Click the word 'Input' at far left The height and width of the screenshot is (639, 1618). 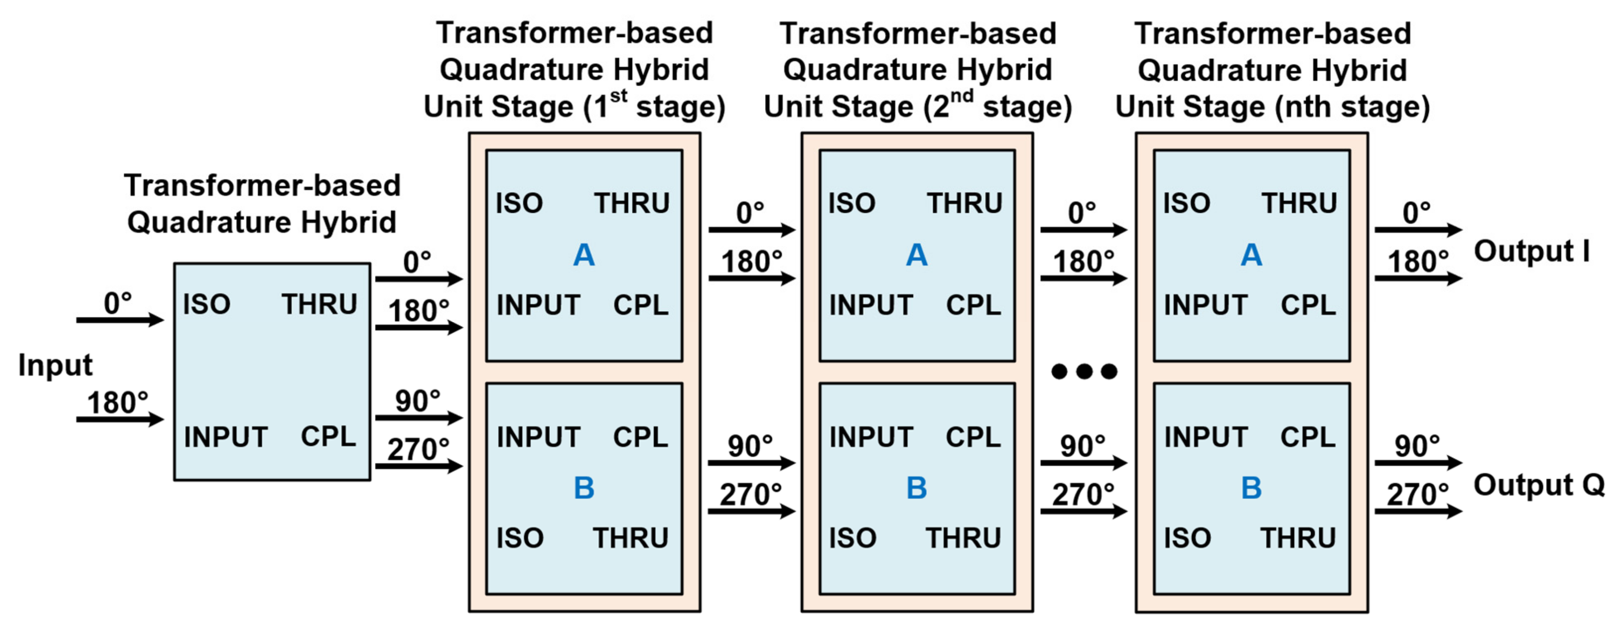point(55,365)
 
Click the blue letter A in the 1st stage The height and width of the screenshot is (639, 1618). point(584,255)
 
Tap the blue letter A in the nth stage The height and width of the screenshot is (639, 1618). point(1251,255)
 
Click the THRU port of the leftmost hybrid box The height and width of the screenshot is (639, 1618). point(319,305)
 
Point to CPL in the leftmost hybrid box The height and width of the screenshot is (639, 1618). point(328,436)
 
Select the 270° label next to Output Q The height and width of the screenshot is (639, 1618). point(1417,495)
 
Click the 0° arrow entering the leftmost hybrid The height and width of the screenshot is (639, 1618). point(119,320)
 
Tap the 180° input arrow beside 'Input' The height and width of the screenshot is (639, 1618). point(119,419)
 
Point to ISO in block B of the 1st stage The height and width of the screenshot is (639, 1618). point(520,538)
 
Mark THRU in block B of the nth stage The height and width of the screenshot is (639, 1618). point(1298,538)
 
